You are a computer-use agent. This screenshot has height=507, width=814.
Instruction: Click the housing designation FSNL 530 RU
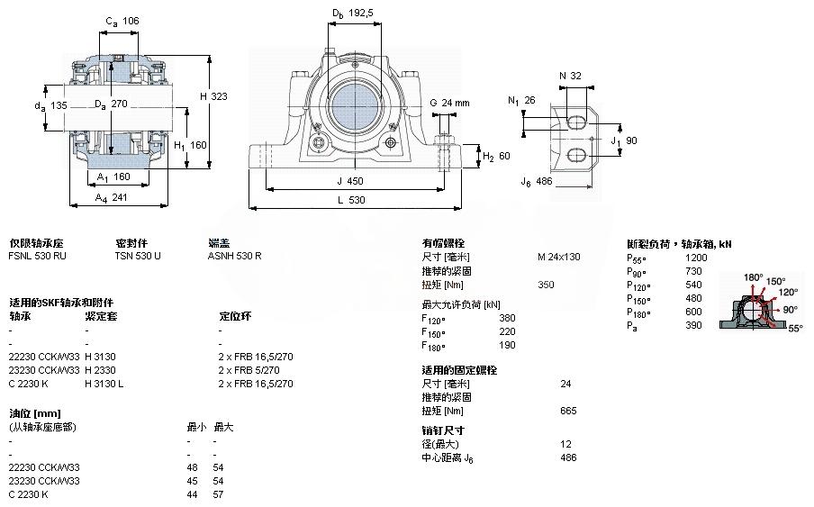pyautogui.click(x=37, y=257)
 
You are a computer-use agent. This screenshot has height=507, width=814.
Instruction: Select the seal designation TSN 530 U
pyautogui.click(x=137, y=257)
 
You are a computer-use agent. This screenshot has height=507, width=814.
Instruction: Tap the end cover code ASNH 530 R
pyautogui.click(x=235, y=257)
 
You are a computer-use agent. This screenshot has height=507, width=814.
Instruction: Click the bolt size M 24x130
pyautogui.click(x=558, y=257)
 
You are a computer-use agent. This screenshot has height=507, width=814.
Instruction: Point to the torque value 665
pyautogui.click(x=568, y=411)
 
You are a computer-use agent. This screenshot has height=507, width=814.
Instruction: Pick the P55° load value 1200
pyautogui.click(x=697, y=258)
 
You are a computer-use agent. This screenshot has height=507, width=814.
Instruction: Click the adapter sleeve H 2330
pyautogui.click(x=100, y=370)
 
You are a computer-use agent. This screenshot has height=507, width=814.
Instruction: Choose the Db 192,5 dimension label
pyautogui.click(x=352, y=14)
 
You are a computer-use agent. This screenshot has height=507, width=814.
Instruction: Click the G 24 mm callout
pyautogui.click(x=450, y=102)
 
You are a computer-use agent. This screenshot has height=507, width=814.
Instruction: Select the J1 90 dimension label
pyautogui.click(x=625, y=140)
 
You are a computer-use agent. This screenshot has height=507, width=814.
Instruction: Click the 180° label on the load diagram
pyautogui.click(x=753, y=276)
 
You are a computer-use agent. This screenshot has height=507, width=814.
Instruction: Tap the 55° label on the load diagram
pyautogui.click(x=794, y=330)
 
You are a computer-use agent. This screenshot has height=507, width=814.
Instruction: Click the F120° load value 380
pyautogui.click(x=507, y=317)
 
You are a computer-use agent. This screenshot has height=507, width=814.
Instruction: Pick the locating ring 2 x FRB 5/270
pyautogui.click(x=255, y=370)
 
